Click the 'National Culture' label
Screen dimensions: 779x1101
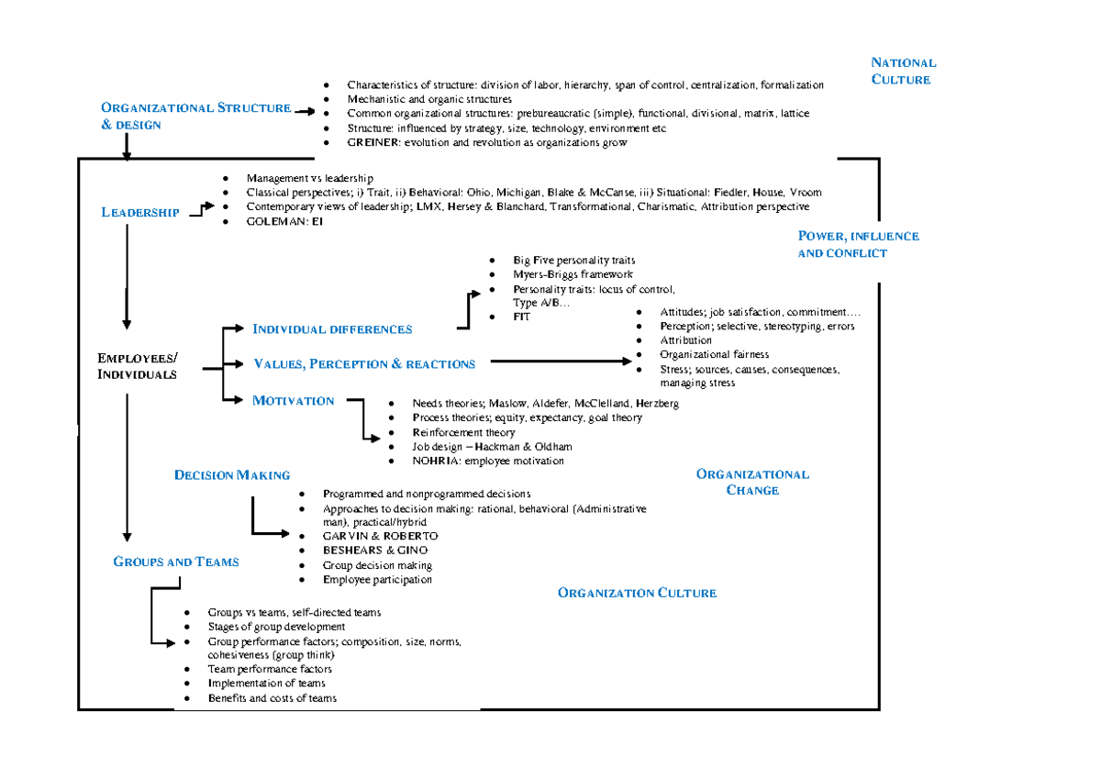903,71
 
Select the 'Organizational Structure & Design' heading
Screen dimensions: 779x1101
195,116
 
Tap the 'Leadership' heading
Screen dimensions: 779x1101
140,213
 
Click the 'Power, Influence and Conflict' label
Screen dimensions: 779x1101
857,244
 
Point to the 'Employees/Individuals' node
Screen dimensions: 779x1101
139,365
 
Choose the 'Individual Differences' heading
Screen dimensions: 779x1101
332,328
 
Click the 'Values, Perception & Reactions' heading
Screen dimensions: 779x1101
364,364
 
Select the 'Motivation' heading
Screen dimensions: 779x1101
294,400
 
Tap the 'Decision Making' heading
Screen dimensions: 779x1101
232,474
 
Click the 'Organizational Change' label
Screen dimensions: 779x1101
752,482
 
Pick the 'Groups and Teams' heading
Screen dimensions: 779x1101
176,562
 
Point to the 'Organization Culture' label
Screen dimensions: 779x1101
637,593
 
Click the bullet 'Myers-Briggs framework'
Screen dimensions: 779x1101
573,274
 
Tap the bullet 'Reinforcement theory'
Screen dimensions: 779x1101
463,432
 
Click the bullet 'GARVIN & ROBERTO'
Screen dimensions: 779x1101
380,536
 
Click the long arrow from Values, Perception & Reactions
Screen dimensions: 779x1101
560,362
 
